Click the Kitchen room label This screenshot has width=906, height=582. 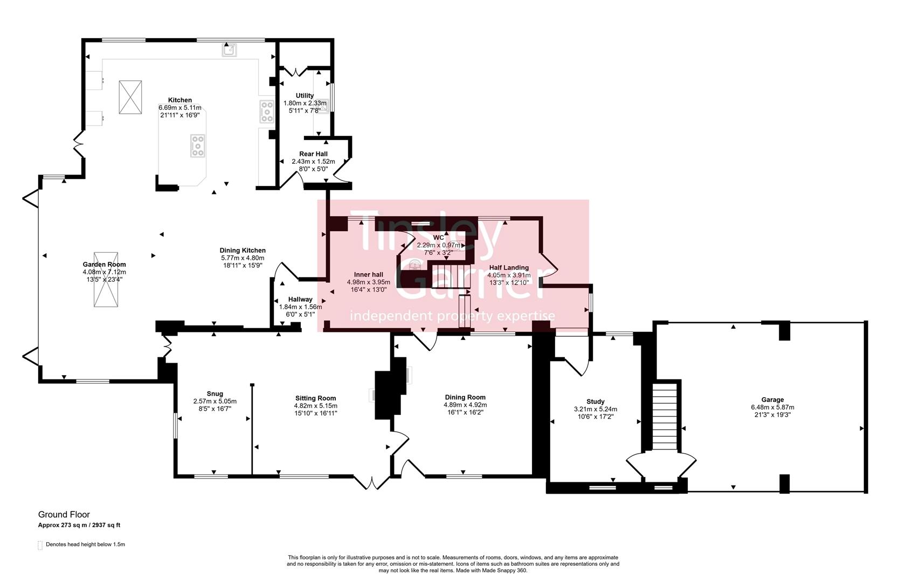pos(179,100)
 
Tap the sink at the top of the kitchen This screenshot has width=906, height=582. pos(230,50)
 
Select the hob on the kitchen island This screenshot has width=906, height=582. pos(198,145)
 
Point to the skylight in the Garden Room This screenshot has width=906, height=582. pos(106,279)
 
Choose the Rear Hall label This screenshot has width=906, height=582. pos(313,154)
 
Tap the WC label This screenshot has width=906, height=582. pos(438,238)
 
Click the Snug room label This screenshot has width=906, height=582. pos(215,394)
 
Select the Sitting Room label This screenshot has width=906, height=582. pos(315,398)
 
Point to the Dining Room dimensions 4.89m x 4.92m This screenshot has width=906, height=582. pos(465,405)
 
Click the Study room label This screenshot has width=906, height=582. pos(595,401)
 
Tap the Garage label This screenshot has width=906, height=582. pos(772,400)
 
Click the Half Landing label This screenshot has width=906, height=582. pos(508,268)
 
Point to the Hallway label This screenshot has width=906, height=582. pos(300,300)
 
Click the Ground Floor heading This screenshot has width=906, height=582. pos(64,515)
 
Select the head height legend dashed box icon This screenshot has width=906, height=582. pos(40,545)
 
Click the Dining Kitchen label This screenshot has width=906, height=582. pos(243,251)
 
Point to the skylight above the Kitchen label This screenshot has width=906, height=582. pos(130,97)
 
